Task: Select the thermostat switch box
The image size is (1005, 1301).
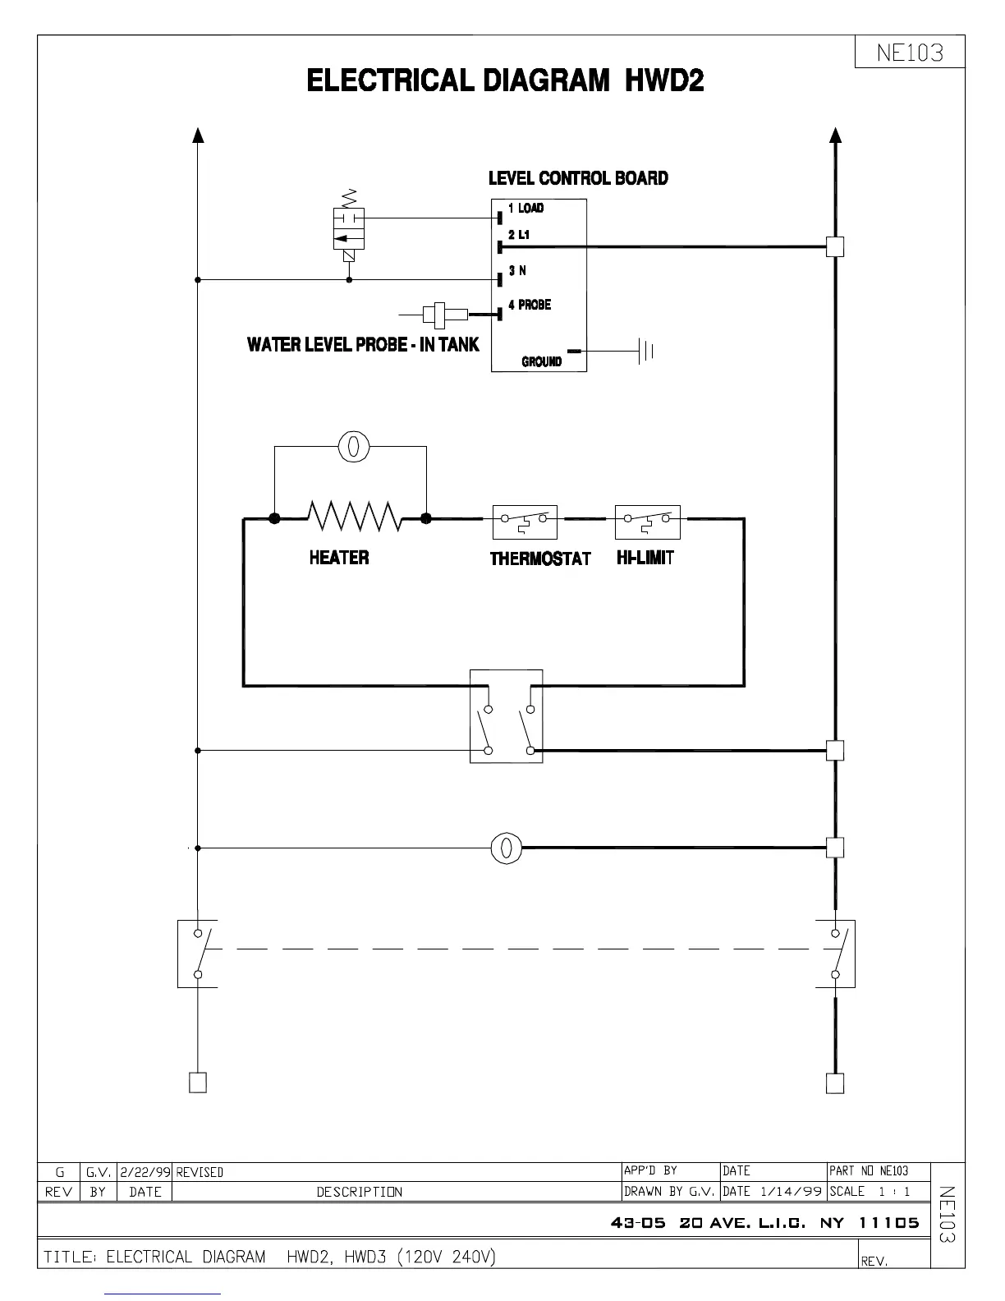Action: point(525,522)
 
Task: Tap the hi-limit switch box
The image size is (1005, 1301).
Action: point(647,522)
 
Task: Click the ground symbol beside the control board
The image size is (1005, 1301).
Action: point(646,352)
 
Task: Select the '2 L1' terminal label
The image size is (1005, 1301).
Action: point(519,235)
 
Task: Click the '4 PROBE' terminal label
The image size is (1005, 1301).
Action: point(529,305)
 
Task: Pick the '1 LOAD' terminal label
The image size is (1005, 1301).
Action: point(525,208)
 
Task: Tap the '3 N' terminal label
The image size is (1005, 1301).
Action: point(517,270)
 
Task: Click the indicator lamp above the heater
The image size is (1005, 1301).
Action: point(354,447)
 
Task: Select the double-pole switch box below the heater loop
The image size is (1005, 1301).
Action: point(506,716)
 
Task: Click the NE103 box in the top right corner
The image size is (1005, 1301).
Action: point(910,53)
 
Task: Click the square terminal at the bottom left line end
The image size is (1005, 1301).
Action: point(198,1083)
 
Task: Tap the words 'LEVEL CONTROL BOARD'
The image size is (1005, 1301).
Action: point(578,178)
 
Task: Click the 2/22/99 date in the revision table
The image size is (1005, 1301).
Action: point(145,1172)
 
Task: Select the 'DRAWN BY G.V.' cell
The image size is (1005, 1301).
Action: point(670,1191)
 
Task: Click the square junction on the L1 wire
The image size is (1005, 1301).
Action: point(835,246)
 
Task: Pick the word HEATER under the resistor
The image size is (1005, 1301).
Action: point(339,558)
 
